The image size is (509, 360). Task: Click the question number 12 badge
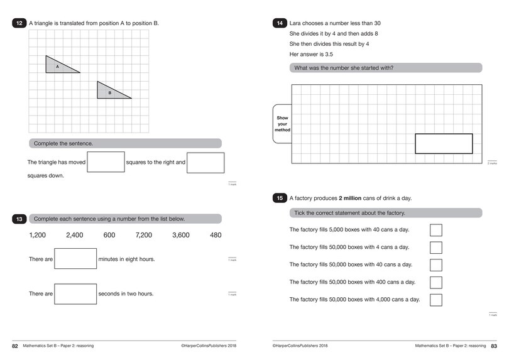(x=19, y=23)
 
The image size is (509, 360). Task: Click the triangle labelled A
(x=58, y=65)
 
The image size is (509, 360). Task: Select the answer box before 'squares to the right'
(x=106, y=162)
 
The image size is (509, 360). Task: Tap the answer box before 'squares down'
(x=205, y=162)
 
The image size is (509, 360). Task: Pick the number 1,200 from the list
(x=38, y=235)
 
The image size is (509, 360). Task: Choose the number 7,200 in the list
(x=144, y=235)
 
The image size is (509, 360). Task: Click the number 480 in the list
(x=216, y=235)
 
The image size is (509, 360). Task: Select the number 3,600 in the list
(x=181, y=235)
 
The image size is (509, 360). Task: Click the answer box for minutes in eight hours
(x=75, y=259)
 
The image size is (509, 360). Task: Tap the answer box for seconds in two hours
(x=75, y=293)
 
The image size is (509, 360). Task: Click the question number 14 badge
(x=280, y=23)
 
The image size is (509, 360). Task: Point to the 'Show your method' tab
(x=282, y=124)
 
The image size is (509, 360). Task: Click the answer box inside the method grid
(x=444, y=143)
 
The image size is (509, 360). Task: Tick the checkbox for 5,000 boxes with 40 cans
(x=435, y=230)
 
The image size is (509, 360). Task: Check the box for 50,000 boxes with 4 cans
(x=435, y=248)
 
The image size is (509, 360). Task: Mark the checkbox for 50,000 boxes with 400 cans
(x=435, y=282)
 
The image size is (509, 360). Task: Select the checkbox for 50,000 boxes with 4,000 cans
(x=435, y=300)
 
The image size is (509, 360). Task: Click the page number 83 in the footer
(x=493, y=346)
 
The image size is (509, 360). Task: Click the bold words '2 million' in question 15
(x=353, y=199)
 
